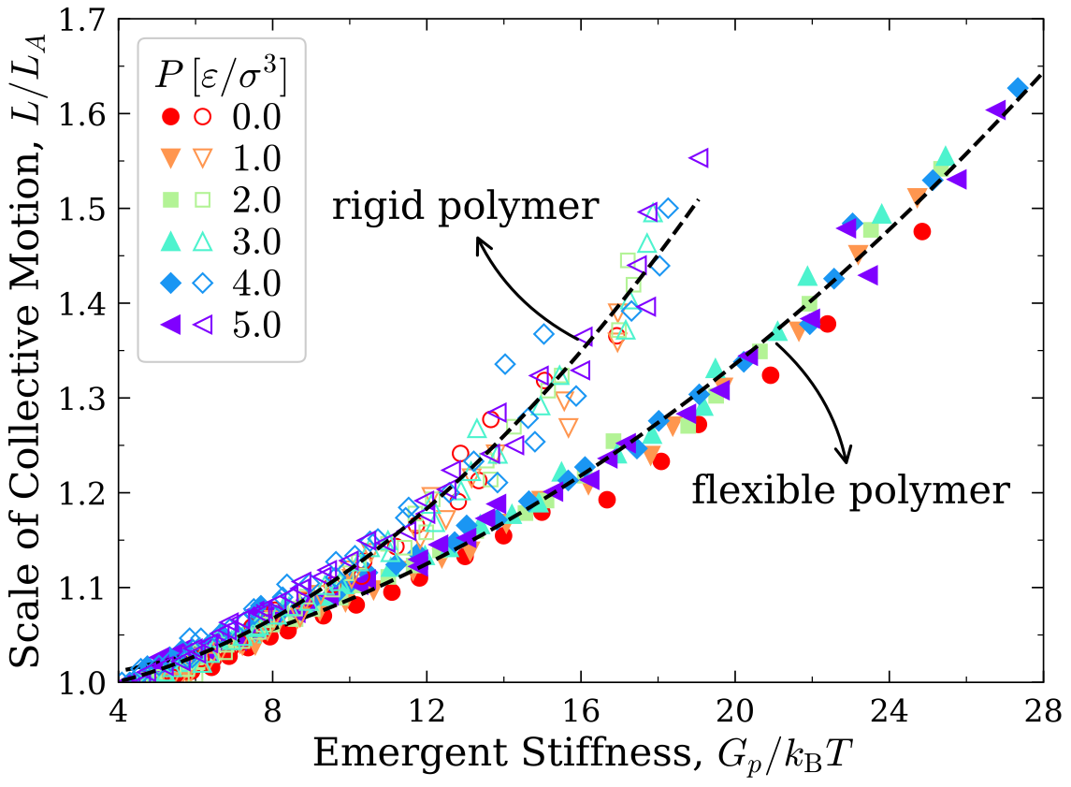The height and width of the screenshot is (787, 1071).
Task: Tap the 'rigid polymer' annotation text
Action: click(x=465, y=207)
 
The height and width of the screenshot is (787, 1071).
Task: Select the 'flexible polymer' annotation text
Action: click(x=851, y=489)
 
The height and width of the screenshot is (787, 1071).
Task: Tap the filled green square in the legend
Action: click(x=169, y=199)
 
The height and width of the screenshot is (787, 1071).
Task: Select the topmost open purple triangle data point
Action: click(x=699, y=158)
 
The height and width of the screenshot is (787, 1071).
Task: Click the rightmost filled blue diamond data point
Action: click(x=1018, y=88)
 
